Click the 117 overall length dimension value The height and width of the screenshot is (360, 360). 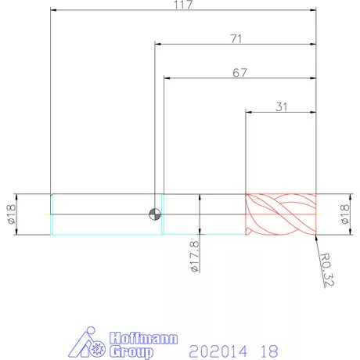(x=183, y=5)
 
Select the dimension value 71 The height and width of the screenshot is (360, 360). (x=236, y=39)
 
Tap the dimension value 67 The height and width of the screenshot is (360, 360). (x=239, y=73)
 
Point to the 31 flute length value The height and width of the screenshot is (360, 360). (x=282, y=107)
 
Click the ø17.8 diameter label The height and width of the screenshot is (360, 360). (x=195, y=257)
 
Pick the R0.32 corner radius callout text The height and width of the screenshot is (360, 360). (x=327, y=270)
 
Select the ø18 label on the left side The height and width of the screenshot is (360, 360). (x=12, y=214)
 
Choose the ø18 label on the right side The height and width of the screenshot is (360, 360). (x=345, y=214)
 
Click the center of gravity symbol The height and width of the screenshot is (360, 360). (x=155, y=214)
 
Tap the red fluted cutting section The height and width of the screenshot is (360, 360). (x=281, y=214)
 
